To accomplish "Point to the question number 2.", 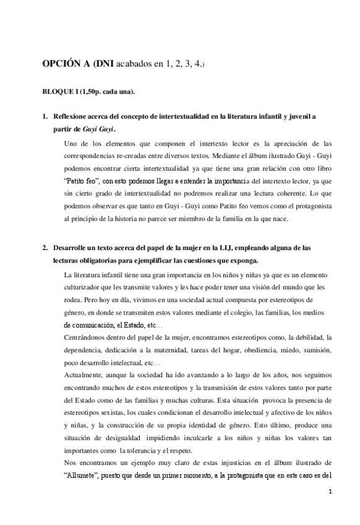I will click(x=44, y=248).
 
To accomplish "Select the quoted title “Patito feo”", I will click(x=82, y=181).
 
